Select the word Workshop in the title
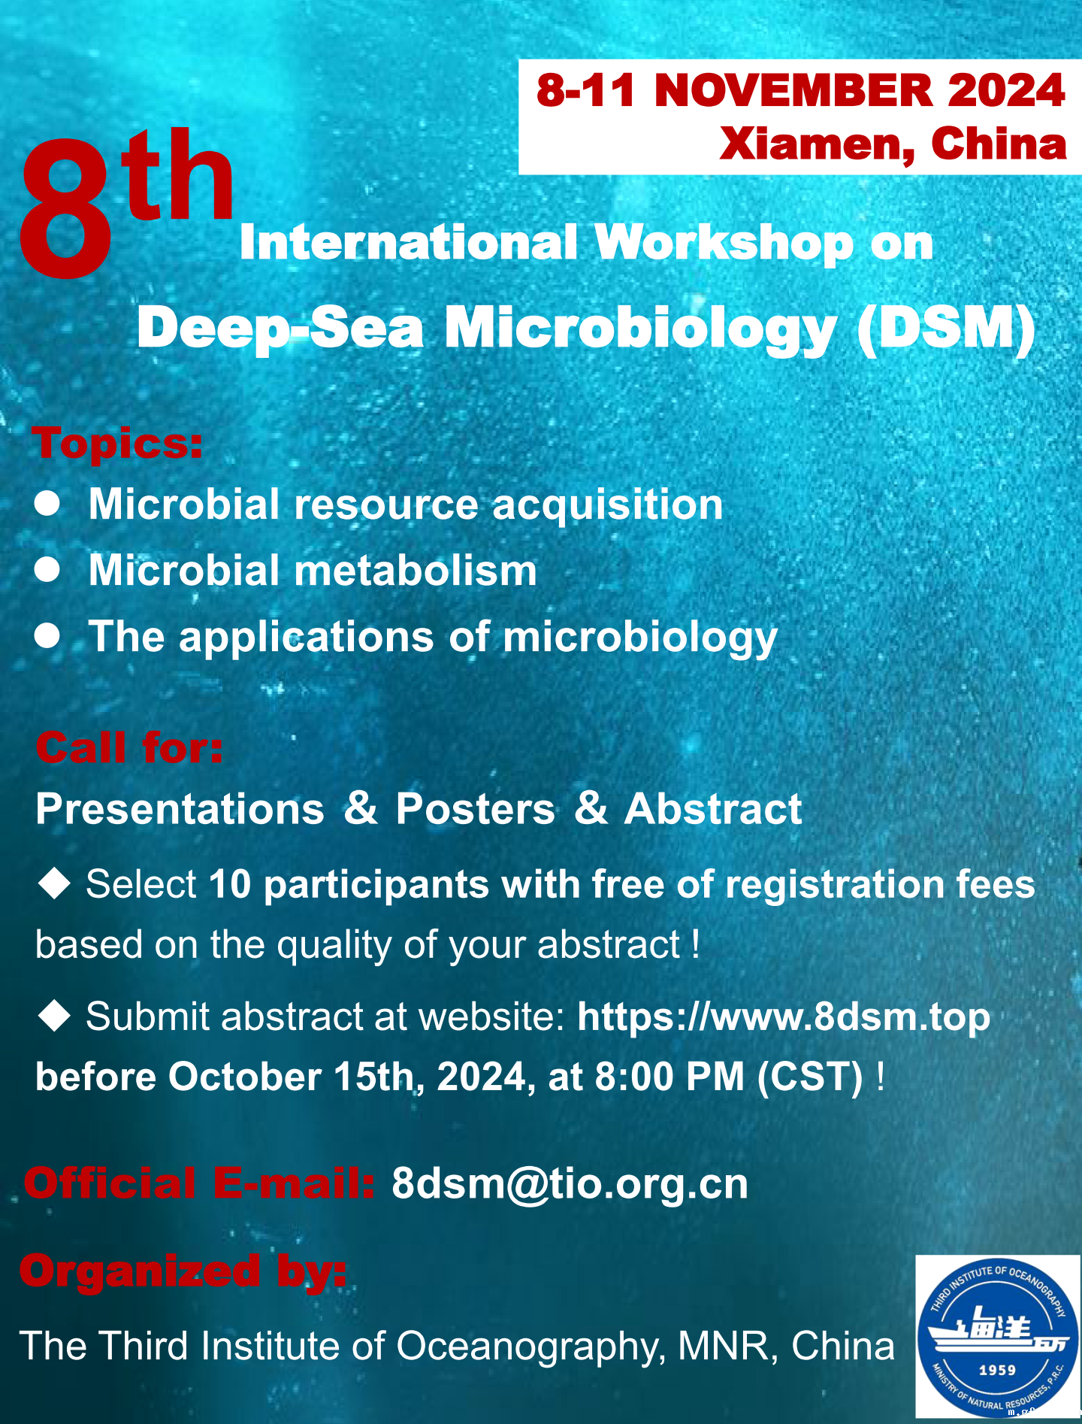click(724, 243)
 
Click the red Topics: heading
click(117, 442)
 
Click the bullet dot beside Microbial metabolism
click(47, 570)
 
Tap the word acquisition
click(607, 504)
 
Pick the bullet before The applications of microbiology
click(47, 636)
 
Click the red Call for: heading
click(129, 747)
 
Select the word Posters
click(476, 809)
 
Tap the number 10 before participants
click(230, 883)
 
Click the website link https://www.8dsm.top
click(784, 1017)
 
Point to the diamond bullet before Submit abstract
click(54, 1015)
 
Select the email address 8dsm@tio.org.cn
click(570, 1184)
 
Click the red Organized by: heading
click(183, 1271)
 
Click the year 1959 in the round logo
click(997, 1370)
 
